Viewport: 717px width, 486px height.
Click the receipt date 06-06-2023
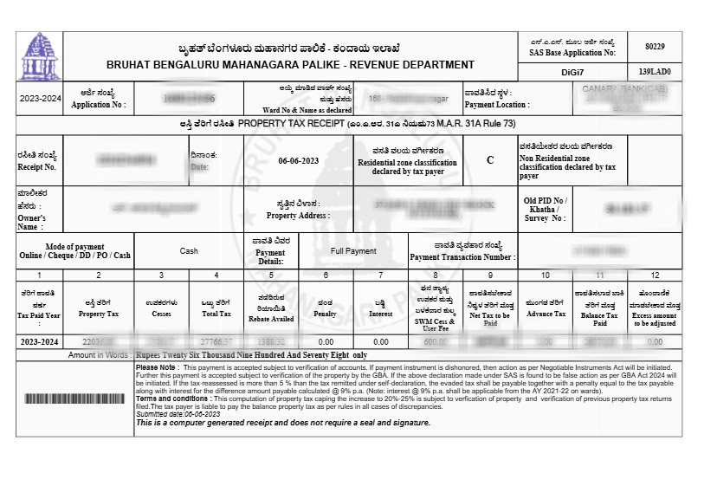pos(299,161)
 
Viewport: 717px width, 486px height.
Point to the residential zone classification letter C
pos(490,159)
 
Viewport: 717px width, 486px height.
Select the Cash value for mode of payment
pos(189,251)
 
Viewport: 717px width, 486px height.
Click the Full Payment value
pos(354,251)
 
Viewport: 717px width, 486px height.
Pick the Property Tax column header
pos(98,310)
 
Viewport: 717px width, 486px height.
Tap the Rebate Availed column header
pos(271,310)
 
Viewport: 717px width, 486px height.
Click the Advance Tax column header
pos(546,310)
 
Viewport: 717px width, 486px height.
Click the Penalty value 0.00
pos(326,342)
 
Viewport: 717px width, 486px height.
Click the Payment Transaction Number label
pos(462,252)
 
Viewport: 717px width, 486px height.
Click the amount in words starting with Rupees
pos(251,355)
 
